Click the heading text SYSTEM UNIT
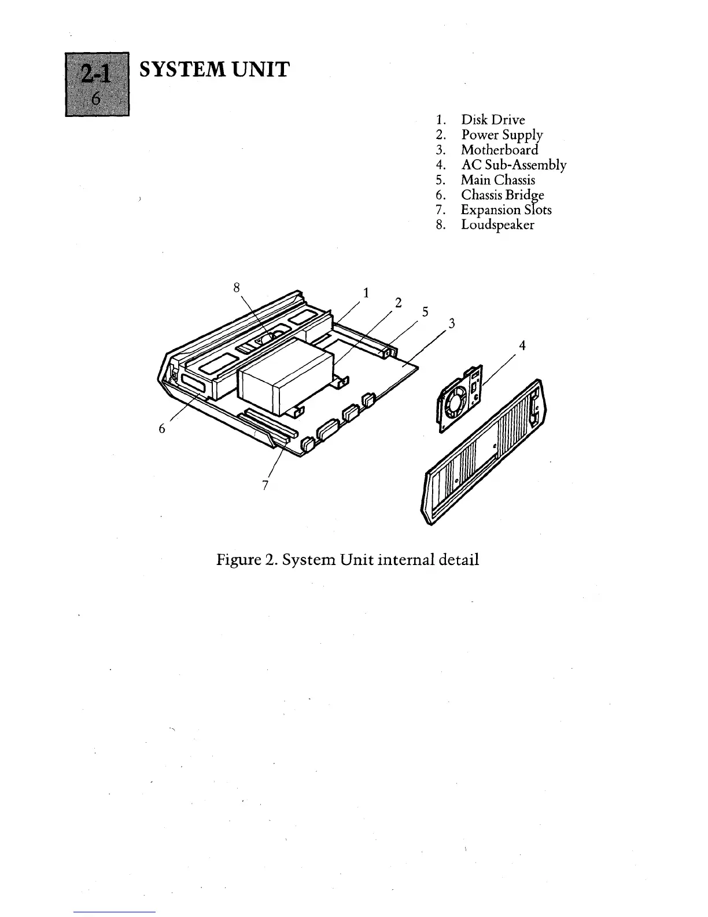click(x=214, y=69)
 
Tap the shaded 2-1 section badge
click(x=97, y=83)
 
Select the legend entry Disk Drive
click(x=493, y=120)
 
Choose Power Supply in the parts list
click(x=502, y=135)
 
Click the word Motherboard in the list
click(x=499, y=150)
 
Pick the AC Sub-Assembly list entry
click(x=513, y=165)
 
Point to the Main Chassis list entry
click(x=497, y=180)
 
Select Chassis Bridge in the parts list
click(x=502, y=195)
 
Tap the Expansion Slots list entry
click(x=506, y=210)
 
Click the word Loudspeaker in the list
click(x=497, y=225)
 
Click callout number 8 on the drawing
click(x=236, y=287)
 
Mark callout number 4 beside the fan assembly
click(x=522, y=346)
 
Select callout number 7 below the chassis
click(x=265, y=485)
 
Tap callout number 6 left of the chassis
click(x=163, y=428)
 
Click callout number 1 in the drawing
click(x=366, y=292)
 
